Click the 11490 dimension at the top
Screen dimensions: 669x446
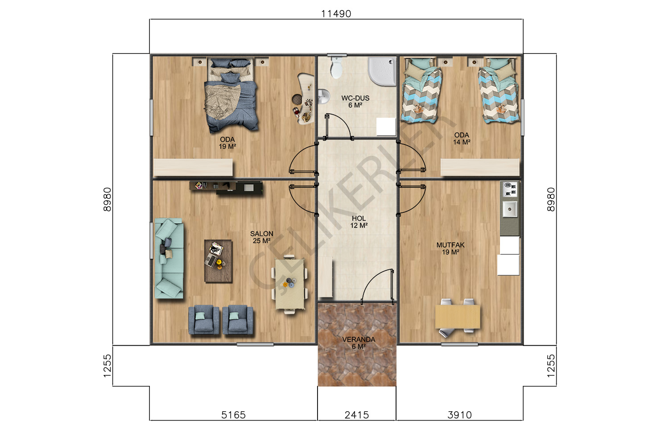point(336,14)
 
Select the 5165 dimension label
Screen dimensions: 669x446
point(233,415)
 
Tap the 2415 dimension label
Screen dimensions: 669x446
point(357,415)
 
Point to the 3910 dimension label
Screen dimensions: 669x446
point(460,415)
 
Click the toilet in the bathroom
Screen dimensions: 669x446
point(337,67)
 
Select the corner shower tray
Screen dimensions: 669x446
point(382,71)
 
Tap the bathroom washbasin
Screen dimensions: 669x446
point(323,96)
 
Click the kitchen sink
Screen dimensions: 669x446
point(510,209)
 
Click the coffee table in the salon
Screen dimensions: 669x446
point(218,261)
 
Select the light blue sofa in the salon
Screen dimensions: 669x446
point(169,258)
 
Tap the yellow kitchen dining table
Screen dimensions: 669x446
point(458,317)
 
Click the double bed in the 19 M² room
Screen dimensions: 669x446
point(231,95)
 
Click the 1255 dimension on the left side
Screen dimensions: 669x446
point(107,366)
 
